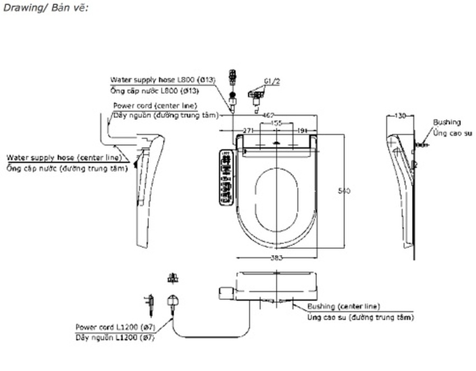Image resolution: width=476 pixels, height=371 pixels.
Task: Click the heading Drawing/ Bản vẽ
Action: point(45,8)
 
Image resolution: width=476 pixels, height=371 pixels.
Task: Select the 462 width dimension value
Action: point(268,115)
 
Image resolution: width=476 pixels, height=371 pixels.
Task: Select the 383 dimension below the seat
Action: point(277,258)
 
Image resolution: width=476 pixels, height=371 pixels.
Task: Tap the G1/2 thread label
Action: point(272,81)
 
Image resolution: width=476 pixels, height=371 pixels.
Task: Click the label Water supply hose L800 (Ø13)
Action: point(162,80)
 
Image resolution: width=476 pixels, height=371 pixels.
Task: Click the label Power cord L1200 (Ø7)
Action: point(115,327)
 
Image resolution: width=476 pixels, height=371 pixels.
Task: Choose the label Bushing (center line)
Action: point(343,307)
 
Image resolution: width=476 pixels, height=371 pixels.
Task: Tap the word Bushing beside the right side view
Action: point(447,122)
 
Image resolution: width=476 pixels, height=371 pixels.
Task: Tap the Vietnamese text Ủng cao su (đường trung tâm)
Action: point(361,317)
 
